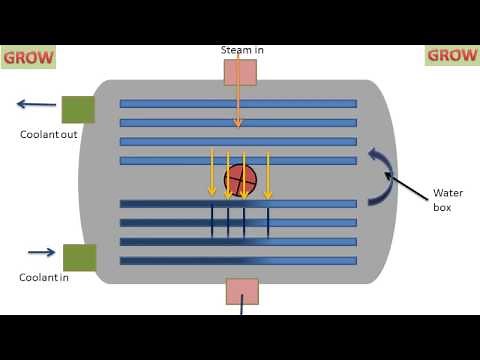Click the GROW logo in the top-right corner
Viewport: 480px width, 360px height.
click(x=452, y=56)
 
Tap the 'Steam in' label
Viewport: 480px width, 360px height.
click(x=243, y=50)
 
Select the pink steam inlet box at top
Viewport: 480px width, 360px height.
click(x=240, y=72)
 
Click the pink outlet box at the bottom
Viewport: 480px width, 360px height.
click(x=242, y=291)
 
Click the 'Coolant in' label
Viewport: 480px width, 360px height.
click(x=44, y=277)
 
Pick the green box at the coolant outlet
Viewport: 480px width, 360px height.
click(x=78, y=109)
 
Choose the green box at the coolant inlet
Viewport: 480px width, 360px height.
click(x=80, y=257)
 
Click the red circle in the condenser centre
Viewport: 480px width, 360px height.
click(x=240, y=181)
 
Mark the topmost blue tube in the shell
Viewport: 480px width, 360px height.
click(x=238, y=103)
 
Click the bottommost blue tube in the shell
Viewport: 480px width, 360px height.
click(x=238, y=261)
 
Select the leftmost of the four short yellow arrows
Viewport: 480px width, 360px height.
click(x=212, y=172)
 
